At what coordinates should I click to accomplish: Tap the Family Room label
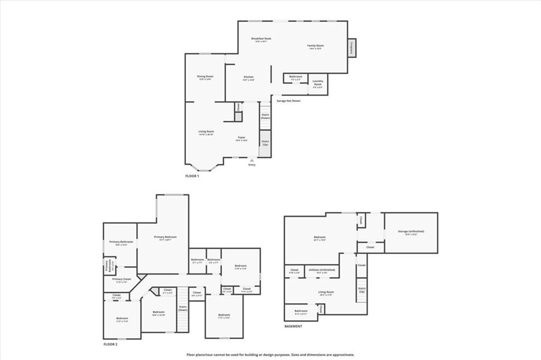click(316, 46)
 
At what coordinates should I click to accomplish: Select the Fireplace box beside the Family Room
click(351, 48)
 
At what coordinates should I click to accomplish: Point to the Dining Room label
click(205, 77)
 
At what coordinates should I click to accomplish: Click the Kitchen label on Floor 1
click(248, 78)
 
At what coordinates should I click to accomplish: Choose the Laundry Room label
click(318, 83)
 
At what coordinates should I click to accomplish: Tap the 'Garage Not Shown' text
click(288, 100)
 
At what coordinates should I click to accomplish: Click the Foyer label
click(241, 138)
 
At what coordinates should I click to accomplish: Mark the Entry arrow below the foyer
click(252, 160)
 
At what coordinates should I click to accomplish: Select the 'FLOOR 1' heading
click(192, 176)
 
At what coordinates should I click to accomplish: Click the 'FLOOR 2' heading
click(110, 344)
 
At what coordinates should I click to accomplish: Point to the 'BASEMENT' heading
click(293, 326)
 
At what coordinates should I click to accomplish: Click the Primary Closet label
click(121, 279)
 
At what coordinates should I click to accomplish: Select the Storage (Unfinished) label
click(411, 232)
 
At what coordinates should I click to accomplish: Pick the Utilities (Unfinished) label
click(322, 270)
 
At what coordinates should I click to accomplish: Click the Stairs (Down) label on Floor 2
click(183, 308)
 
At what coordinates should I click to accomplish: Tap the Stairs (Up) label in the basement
click(362, 290)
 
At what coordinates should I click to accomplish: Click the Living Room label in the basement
click(325, 292)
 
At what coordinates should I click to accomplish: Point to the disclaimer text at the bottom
click(270, 355)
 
